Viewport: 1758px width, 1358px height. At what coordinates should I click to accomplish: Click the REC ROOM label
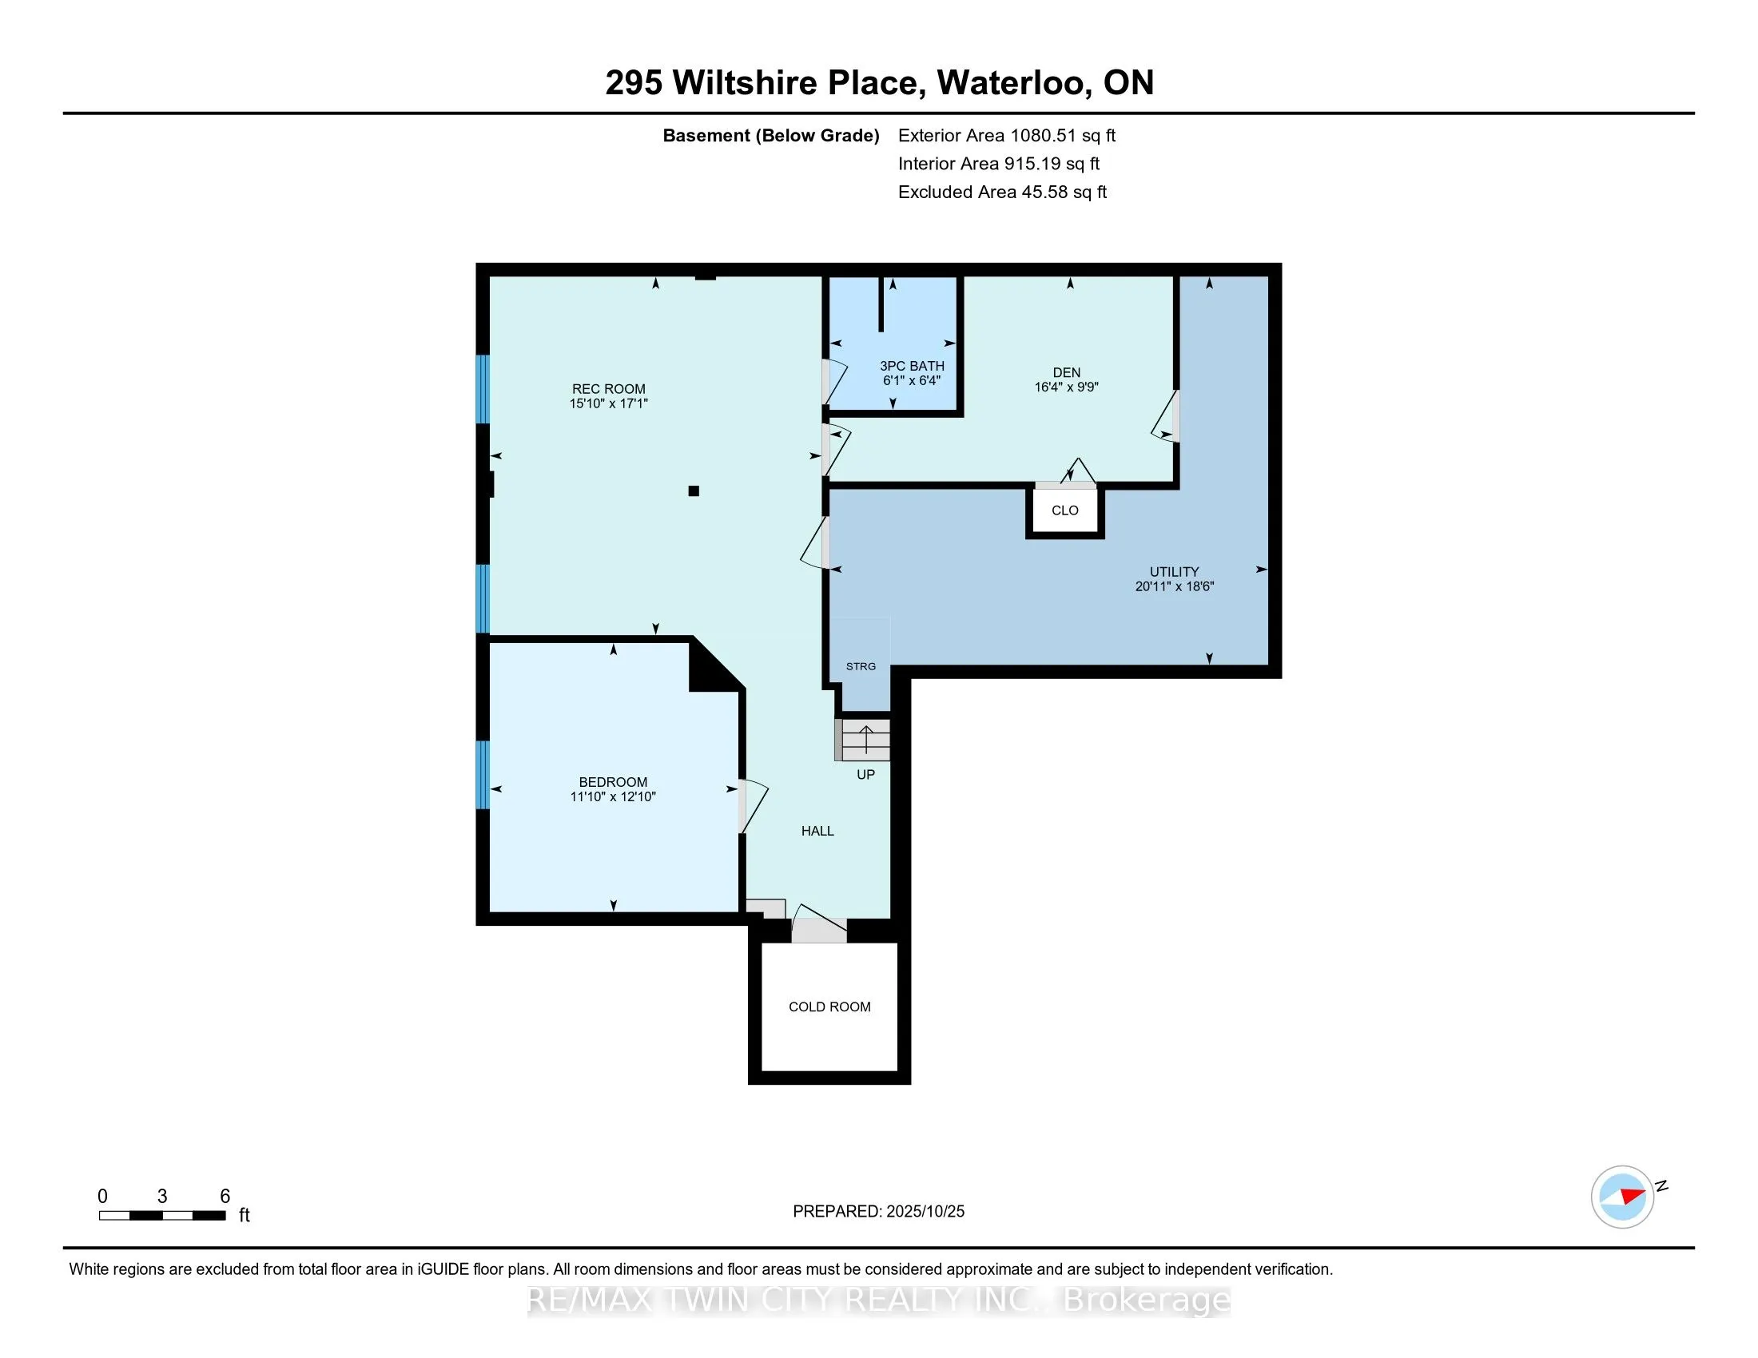click(x=609, y=388)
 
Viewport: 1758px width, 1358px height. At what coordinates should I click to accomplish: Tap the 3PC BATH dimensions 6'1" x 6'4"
click(x=911, y=380)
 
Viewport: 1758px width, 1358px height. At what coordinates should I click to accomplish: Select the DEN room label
click(x=1067, y=371)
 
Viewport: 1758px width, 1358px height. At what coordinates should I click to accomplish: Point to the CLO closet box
click(x=1064, y=510)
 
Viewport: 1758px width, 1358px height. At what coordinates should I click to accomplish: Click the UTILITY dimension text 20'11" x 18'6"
click(x=1174, y=586)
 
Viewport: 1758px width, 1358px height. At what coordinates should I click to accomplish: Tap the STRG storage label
click(x=861, y=666)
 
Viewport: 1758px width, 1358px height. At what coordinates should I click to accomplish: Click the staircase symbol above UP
click(x=865, y=740)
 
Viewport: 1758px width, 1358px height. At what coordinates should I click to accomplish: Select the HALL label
click(x=817, y=831)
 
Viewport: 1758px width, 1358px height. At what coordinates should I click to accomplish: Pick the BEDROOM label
click(x=613, y=782)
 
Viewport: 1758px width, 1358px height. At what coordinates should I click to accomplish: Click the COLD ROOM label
click(x=829, y=1007)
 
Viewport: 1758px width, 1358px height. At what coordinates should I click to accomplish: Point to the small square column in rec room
click(x=694, y=490)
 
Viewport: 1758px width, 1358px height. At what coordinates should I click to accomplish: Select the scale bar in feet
click(x=161, y=1216)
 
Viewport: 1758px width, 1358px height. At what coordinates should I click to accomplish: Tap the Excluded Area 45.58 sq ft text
click(x=1002, y=192)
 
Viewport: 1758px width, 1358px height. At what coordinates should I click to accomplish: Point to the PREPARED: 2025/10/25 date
click(x=878, y=1211)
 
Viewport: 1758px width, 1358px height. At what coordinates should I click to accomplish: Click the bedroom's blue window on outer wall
click(x=483, y=774)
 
